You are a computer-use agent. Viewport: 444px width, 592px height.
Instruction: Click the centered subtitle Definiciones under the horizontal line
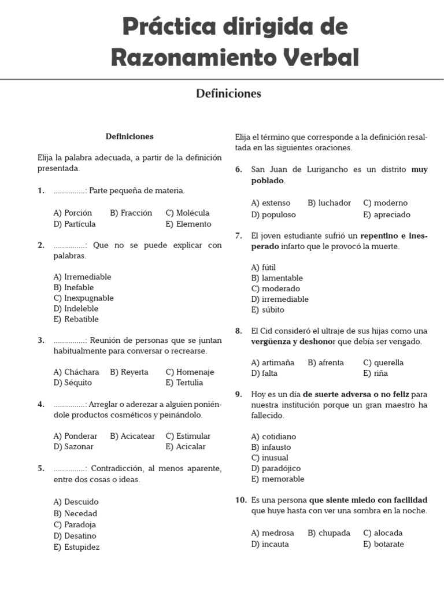coord(228,93)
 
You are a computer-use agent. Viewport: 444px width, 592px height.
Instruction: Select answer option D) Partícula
coord(75,224)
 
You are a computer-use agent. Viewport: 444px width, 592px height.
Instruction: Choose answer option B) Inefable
coord(73,287)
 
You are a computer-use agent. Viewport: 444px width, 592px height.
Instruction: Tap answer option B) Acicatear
coord(132,436)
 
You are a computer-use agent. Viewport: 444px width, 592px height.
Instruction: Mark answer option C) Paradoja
coord(75,524)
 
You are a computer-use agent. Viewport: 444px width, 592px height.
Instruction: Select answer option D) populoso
coord(273,214)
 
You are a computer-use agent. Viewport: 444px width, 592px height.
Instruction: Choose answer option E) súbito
coord(268,309)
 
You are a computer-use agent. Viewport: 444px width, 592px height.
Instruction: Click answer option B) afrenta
coord(325,362)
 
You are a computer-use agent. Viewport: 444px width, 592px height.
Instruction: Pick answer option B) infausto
coord(271,447)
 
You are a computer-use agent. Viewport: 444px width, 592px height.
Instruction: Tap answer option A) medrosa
coord(272,532)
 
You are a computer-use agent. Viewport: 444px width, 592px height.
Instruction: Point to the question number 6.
coord(238,169)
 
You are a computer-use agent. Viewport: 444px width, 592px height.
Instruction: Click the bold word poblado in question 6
coord(268,180)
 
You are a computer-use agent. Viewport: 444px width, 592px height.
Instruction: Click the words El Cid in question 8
coord(263,331)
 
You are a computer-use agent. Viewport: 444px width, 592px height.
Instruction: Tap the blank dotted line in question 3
coord(69,341)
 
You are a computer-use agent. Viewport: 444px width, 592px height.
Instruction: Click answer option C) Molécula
coord(187,213)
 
